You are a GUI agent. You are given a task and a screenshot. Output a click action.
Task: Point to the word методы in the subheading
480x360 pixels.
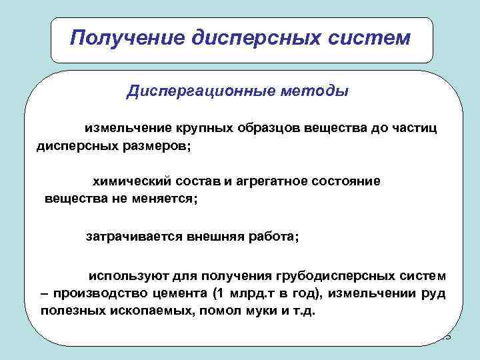point(311,91)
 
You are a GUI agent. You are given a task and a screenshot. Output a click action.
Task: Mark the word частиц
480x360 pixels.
point(416,127)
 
